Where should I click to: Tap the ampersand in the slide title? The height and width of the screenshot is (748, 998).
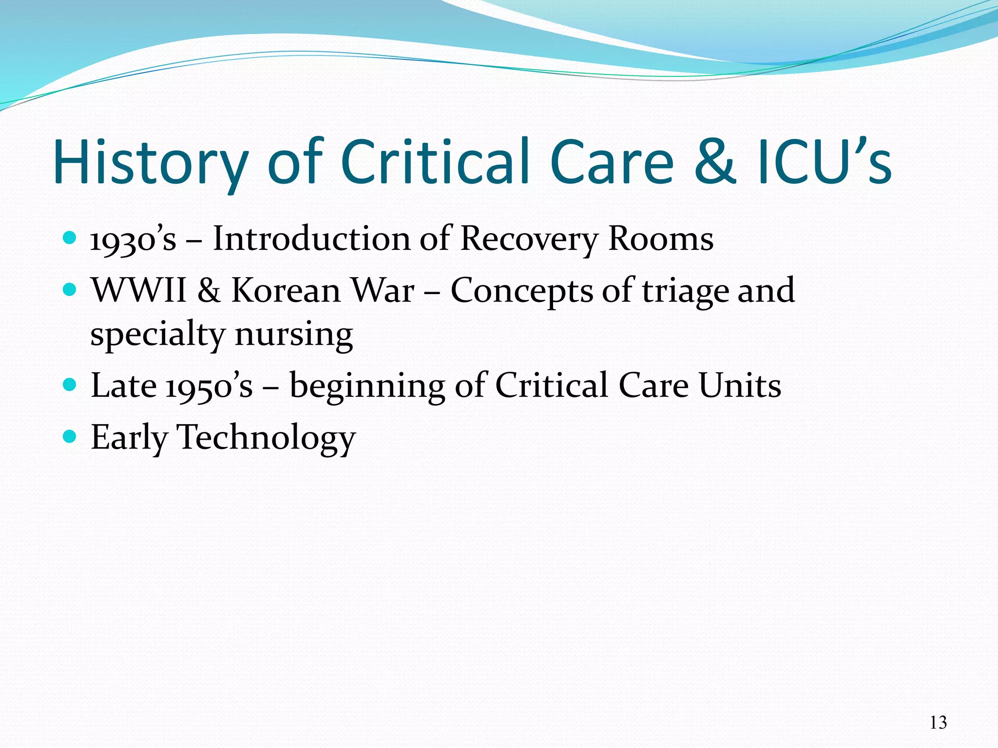tap(714, 162)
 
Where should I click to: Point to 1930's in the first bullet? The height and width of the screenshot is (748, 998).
tap(133, 239)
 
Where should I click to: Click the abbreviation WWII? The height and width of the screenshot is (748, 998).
tap(139, 291)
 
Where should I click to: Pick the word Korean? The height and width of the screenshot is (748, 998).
tap(286, 291)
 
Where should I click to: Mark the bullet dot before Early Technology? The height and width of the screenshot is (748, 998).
tap(70, 435)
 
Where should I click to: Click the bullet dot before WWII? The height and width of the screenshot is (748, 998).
tap(70, 290)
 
